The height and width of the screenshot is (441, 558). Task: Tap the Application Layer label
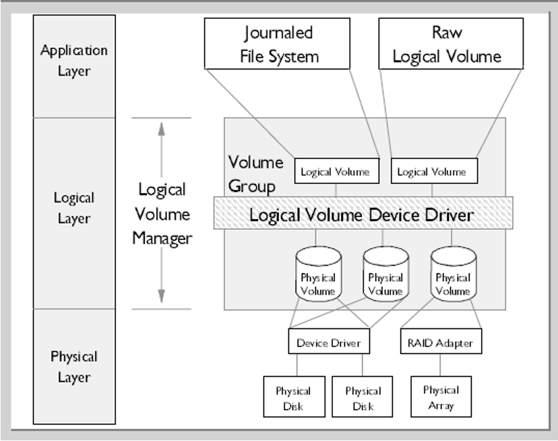point(74,60)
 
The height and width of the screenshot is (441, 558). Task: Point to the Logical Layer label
point(74,208)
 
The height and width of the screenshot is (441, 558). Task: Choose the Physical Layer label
point(74,366)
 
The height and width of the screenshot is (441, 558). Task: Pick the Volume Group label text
point(255,173)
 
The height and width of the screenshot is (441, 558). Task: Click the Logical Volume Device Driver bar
point(363,215)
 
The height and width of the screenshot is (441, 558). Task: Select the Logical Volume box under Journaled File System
point(336,171)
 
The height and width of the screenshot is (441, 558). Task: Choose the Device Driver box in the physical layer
point(329,343)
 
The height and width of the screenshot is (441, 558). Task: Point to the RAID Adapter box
point(441,343)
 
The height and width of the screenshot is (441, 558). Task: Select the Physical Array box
point(441,397)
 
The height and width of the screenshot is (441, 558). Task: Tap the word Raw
point(447,32)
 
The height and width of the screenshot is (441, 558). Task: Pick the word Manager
point(162,238)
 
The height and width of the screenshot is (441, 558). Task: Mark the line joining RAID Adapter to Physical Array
point(441,365)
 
